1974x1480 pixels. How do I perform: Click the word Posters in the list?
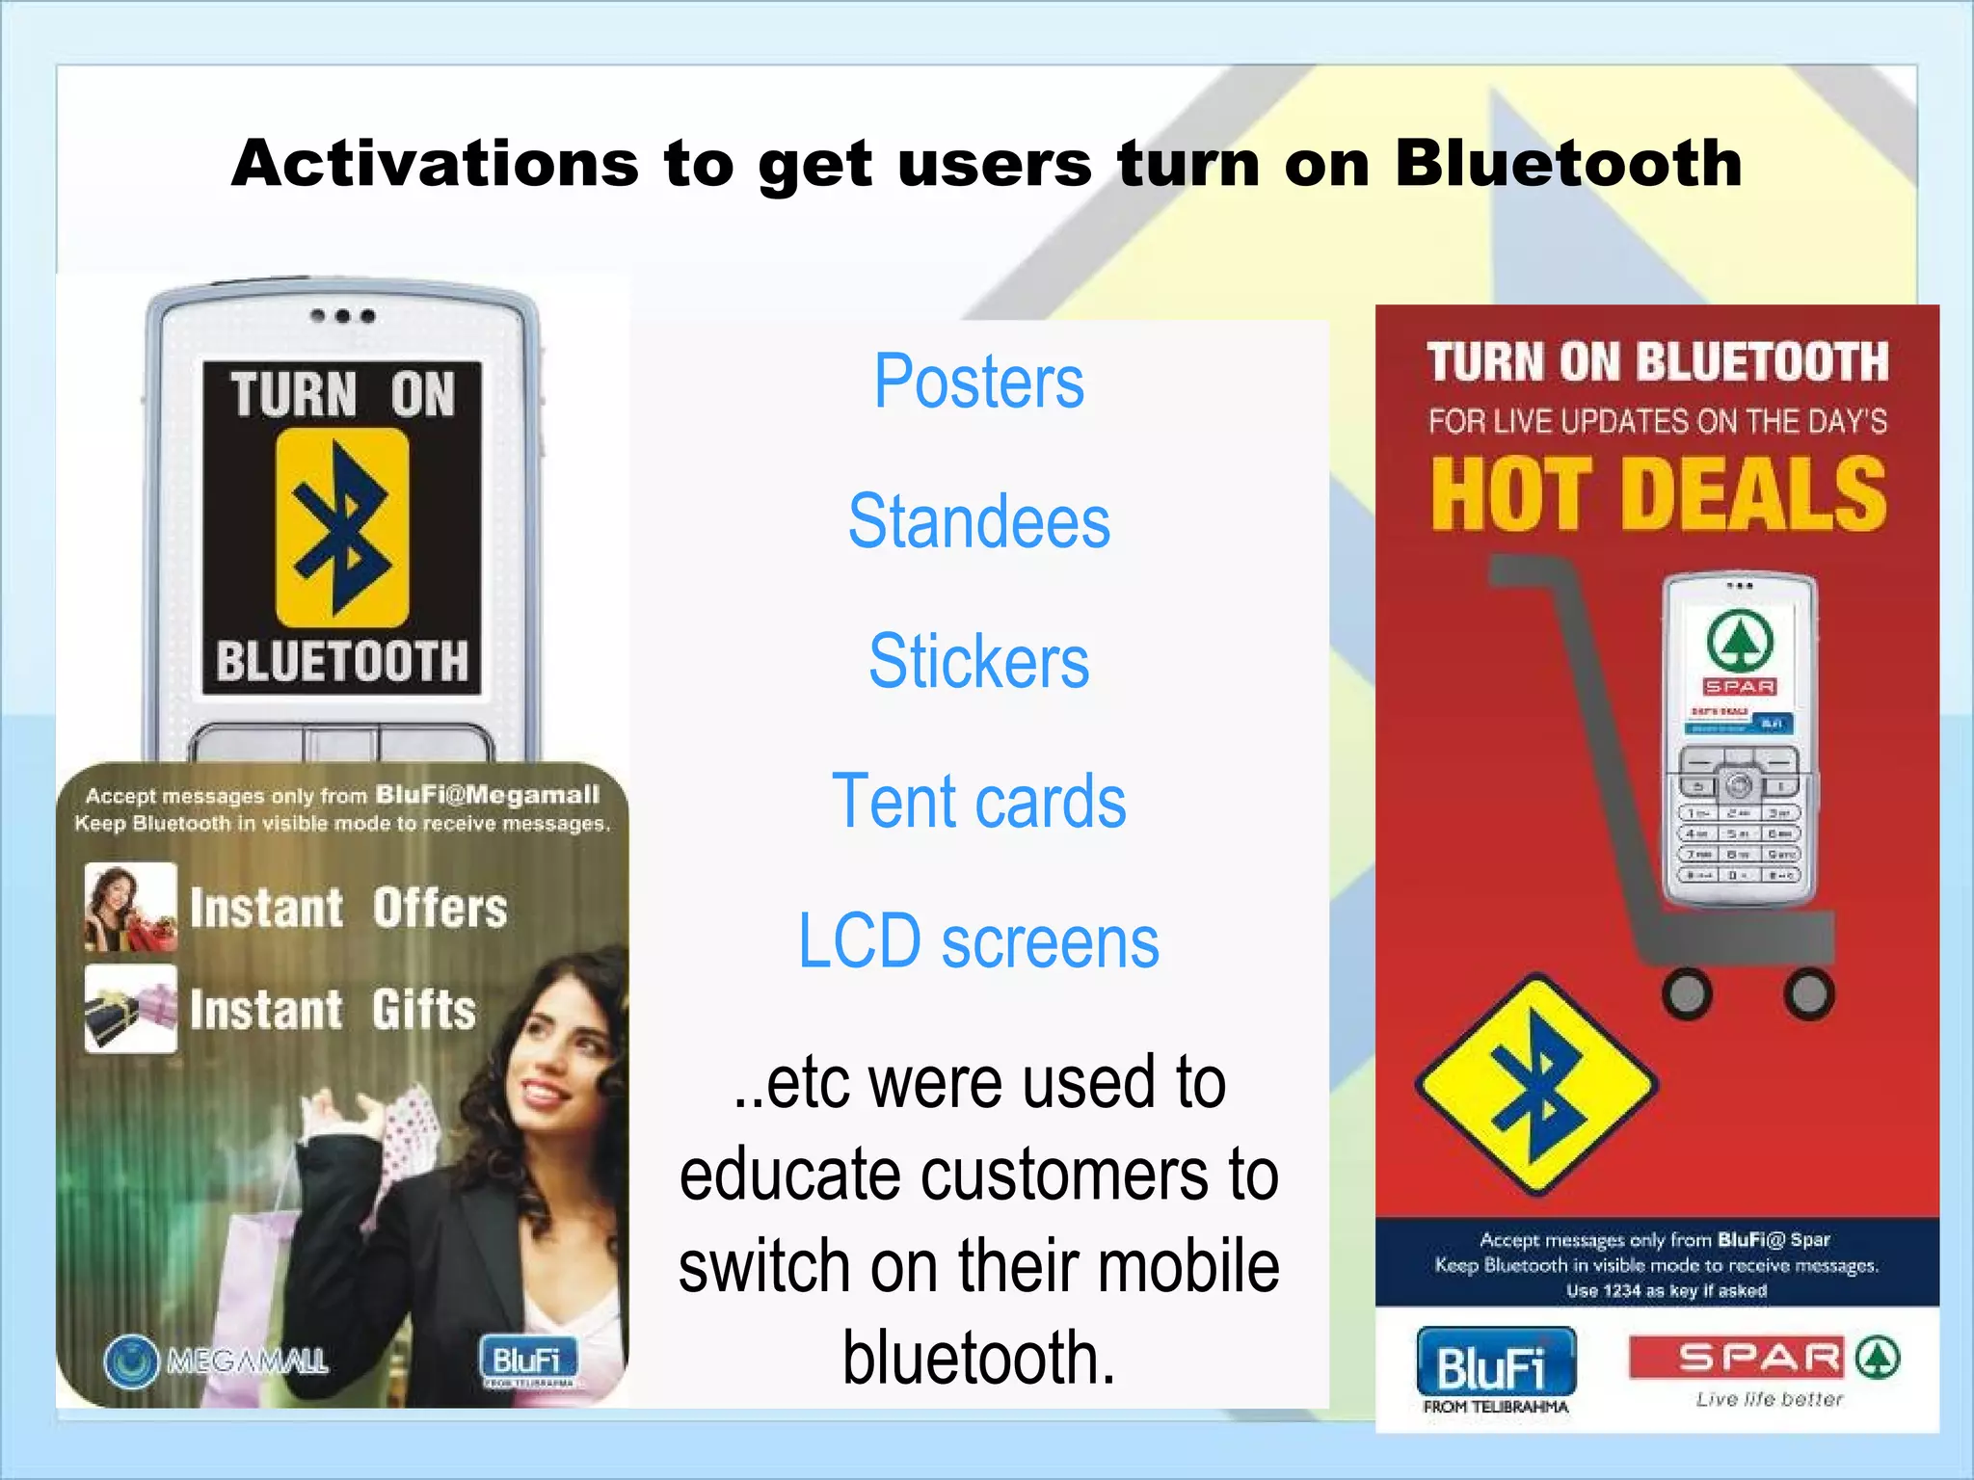coord(978,382)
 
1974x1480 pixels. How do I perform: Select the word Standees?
coord(978,521)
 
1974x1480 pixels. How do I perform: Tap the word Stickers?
coord(978,662)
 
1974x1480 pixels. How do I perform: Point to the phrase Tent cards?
coord(978,802)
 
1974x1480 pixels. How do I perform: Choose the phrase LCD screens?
coord(978,941)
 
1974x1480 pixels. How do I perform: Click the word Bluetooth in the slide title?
coord(1568,163)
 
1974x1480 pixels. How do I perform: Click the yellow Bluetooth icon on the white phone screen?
coord(342,528)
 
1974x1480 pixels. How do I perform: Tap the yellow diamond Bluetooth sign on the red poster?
coord(1537,1084)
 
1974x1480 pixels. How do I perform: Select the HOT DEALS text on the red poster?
coord(1658,494)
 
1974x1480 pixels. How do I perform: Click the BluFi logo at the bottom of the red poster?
coord(1495,1362)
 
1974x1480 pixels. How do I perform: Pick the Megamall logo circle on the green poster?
coord(130,1361)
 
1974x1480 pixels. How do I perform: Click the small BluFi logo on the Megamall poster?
coord(528,1360)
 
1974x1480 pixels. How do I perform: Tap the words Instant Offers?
coord(348,909)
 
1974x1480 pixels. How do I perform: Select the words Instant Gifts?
coord(333,1010)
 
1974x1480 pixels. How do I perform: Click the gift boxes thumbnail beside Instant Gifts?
coord(131,1009)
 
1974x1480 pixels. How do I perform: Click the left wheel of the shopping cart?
coord(1687,993)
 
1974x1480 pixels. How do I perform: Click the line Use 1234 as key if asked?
coord(1667,1291)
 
